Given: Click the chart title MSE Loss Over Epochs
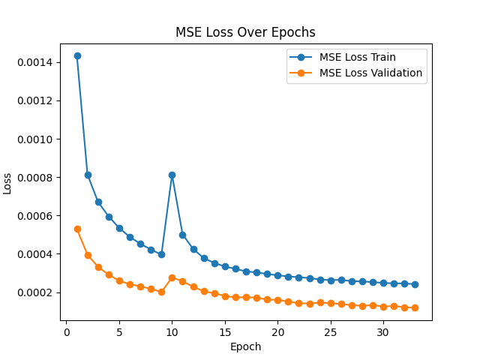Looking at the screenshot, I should click(245, 32).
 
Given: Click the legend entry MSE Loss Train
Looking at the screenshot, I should click(357, 57).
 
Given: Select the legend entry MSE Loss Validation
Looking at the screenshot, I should click(370, 73).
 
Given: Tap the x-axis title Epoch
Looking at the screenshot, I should click(245, 346).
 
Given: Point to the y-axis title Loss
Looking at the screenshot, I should click(8, 182).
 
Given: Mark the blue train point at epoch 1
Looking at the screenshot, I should click(77, 55).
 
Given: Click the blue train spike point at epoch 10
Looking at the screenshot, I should click(172, 175).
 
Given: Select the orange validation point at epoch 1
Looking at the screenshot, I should click(77, 229).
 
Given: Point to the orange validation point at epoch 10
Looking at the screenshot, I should click(172, 277).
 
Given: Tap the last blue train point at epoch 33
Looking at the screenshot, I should click(415, 284).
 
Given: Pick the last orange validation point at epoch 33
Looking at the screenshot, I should click(415, 307).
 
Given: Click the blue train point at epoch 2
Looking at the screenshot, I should click(88, 175).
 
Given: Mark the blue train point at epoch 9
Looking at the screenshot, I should click(161, 254).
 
